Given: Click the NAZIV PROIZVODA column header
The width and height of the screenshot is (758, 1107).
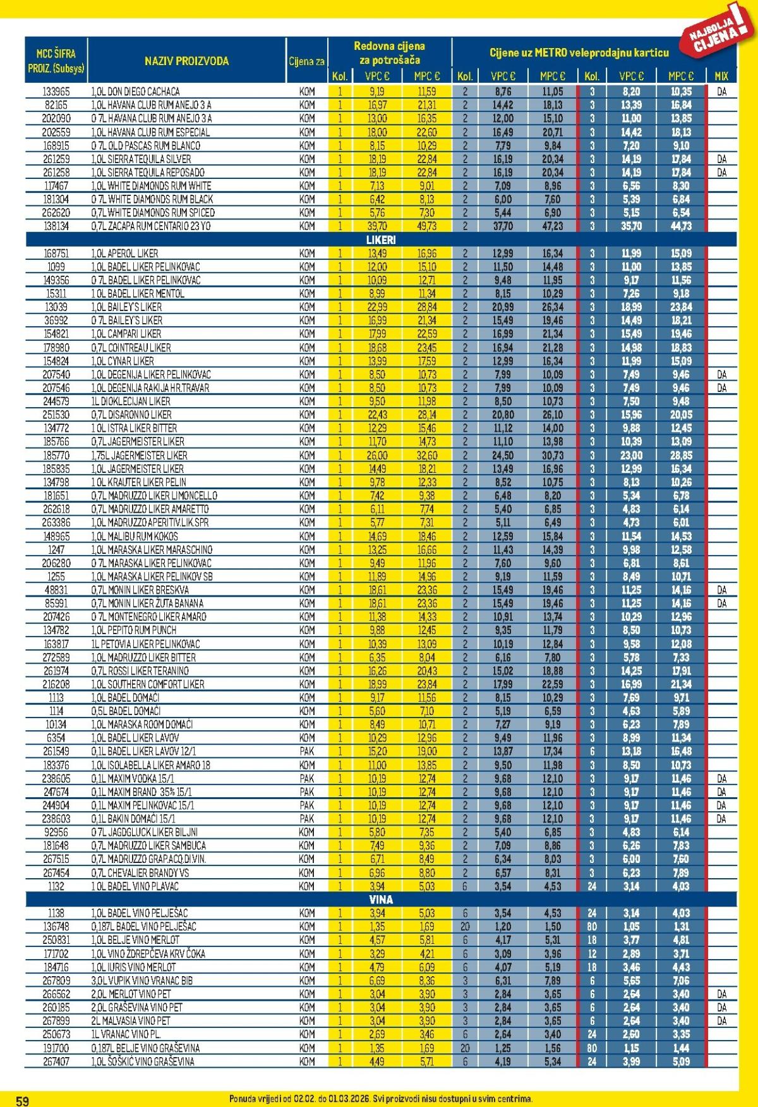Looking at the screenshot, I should coord(186,61).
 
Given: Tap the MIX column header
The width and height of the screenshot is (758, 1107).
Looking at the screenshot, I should coord(721,76).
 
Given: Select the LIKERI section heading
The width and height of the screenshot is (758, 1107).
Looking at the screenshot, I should coord(380,240).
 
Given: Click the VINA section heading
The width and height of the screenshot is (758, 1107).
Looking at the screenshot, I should coord(380,899).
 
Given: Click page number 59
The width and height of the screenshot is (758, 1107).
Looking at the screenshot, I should coord(22,1101).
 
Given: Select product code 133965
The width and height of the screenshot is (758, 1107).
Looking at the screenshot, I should coord(56,92).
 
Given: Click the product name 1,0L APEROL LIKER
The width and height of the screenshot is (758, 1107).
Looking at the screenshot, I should coord(124,253).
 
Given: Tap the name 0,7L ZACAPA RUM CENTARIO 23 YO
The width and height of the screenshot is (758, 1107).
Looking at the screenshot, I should coord(151,226).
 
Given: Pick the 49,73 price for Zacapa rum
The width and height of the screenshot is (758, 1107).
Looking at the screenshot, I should coord(426,226).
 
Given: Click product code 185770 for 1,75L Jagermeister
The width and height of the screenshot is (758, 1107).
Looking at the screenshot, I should coord(56,455).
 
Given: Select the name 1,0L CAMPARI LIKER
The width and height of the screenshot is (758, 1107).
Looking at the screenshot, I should coord(126,334).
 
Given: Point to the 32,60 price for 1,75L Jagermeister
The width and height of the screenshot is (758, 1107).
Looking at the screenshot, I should coord(426,455).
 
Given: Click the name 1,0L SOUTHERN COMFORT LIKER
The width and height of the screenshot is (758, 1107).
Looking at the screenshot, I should coord(148,684).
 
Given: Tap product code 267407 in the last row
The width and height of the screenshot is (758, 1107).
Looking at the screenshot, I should coord(56,1061).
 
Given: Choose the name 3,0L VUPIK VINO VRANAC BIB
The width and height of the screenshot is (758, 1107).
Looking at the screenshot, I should coord(142,981).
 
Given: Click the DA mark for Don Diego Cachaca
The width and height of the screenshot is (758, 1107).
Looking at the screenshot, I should coord(721,92).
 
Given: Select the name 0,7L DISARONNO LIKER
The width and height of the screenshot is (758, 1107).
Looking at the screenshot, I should coord(131,415).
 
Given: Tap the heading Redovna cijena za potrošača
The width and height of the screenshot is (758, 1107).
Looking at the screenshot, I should coord(389,53).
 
